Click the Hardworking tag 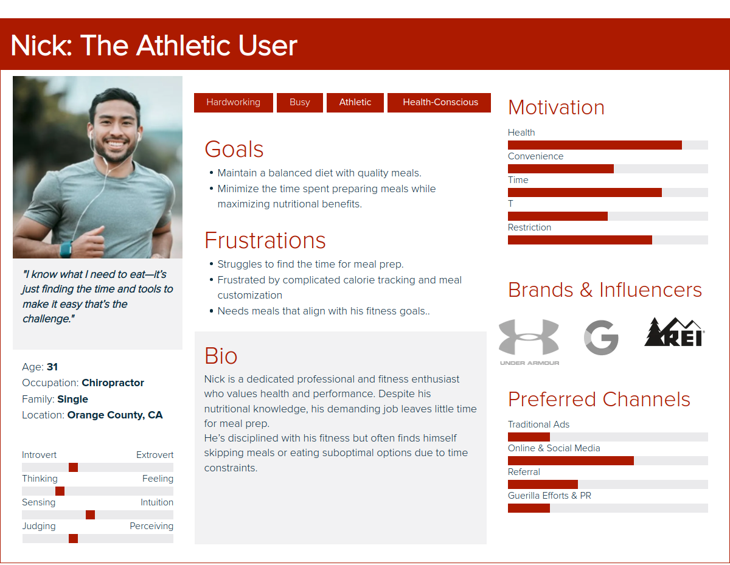point(233,102)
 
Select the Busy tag point(300,102)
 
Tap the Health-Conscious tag point(439,102)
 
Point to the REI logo point(674,332)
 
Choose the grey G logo point(601,337)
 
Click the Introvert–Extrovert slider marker point(73,467)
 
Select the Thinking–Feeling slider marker point(60,491)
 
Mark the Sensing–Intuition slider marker point(90,515)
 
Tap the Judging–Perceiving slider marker point(73,538)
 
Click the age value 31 point(52,367)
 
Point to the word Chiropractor point(113,383)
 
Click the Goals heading point(234,149)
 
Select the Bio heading point(221,356)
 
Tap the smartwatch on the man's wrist point(66,249)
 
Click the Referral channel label point(524,472)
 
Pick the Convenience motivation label point(535,156)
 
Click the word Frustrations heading point(265,240)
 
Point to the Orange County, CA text point(115,415)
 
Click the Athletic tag point(355,102)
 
